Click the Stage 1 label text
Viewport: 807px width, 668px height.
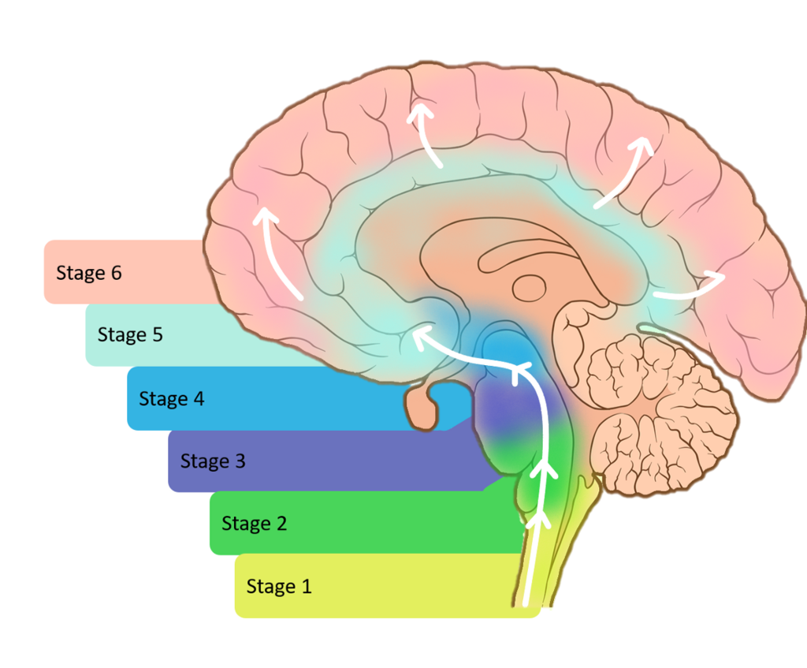(279, 586)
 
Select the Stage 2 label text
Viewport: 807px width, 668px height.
(254, 524)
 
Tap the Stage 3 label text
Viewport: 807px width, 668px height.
(213, 461)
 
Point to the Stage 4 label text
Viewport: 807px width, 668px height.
(171, 398)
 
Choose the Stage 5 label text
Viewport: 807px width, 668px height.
(130, 334)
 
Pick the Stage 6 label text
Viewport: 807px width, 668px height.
(88, 273)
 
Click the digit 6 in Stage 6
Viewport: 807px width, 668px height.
(116, 273)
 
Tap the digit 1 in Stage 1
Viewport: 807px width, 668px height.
(306, 586)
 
